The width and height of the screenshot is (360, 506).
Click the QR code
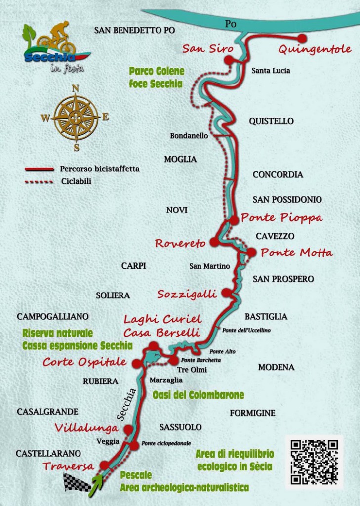coord(314,462)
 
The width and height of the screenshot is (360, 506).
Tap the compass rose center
coord(76,118)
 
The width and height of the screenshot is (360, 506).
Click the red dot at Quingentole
coord(302,38)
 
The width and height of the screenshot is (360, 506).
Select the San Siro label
coord(201,48)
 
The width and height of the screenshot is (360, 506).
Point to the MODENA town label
coord(276,367)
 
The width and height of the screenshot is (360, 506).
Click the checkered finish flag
coord(77,482)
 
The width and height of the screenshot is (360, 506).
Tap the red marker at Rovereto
coord(214,242)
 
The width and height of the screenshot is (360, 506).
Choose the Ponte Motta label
coord(296,253)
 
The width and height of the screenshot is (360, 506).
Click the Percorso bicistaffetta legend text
coord(100,169)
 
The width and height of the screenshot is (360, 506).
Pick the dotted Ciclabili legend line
coord(39,182)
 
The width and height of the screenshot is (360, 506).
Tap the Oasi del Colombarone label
coord(198,395)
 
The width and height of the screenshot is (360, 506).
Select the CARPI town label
coord(134,266)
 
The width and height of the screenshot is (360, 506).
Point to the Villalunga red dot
coord(128,429)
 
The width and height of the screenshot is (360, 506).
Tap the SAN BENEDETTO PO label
coord(134,30)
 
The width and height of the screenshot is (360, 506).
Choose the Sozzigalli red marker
coord(226,293)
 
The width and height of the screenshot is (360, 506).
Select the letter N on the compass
coord(76,88)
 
